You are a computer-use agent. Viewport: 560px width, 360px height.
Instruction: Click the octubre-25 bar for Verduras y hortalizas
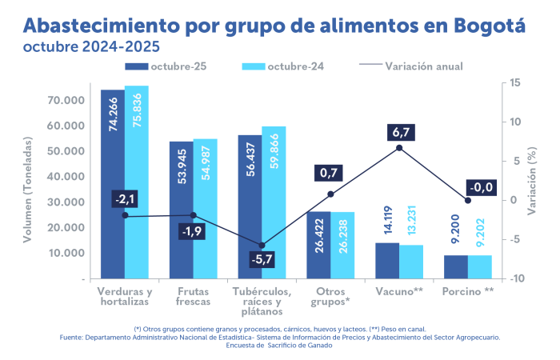[112, 184]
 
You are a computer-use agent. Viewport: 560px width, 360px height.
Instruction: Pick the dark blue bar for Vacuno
[387, 261]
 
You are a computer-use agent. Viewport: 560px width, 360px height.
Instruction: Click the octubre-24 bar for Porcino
[480, 267]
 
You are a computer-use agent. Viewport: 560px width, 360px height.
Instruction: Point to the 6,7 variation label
[398, 131]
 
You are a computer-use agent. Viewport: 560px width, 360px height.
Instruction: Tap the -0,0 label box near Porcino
[479, 187]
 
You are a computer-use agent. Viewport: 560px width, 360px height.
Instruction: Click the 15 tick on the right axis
[515, 82]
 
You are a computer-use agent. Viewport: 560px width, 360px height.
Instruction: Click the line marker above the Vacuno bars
[399, 148]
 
